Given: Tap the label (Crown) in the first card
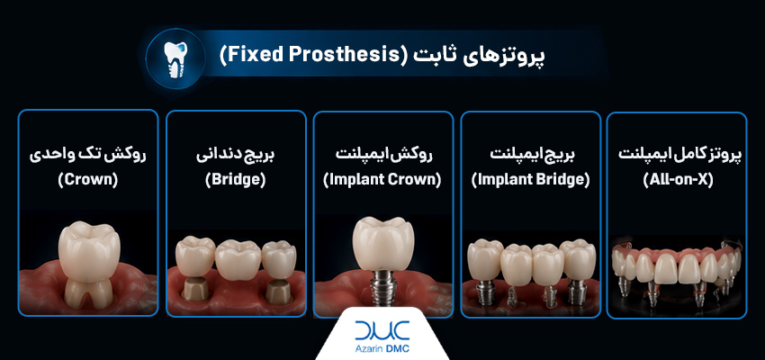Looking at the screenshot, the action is (x=88, y=181).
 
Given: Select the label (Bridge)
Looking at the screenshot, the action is (x=236, y=181).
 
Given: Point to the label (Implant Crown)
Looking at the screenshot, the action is (x=383, y=181).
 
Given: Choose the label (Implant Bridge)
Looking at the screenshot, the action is (x=530, y=181).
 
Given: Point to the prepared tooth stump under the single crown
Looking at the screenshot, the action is (x=89, y=293).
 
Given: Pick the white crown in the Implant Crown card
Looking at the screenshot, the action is (x=383, y=243).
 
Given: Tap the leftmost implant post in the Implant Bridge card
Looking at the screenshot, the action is (x=486, y=292).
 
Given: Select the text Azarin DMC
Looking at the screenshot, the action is (x=382, y=349).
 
